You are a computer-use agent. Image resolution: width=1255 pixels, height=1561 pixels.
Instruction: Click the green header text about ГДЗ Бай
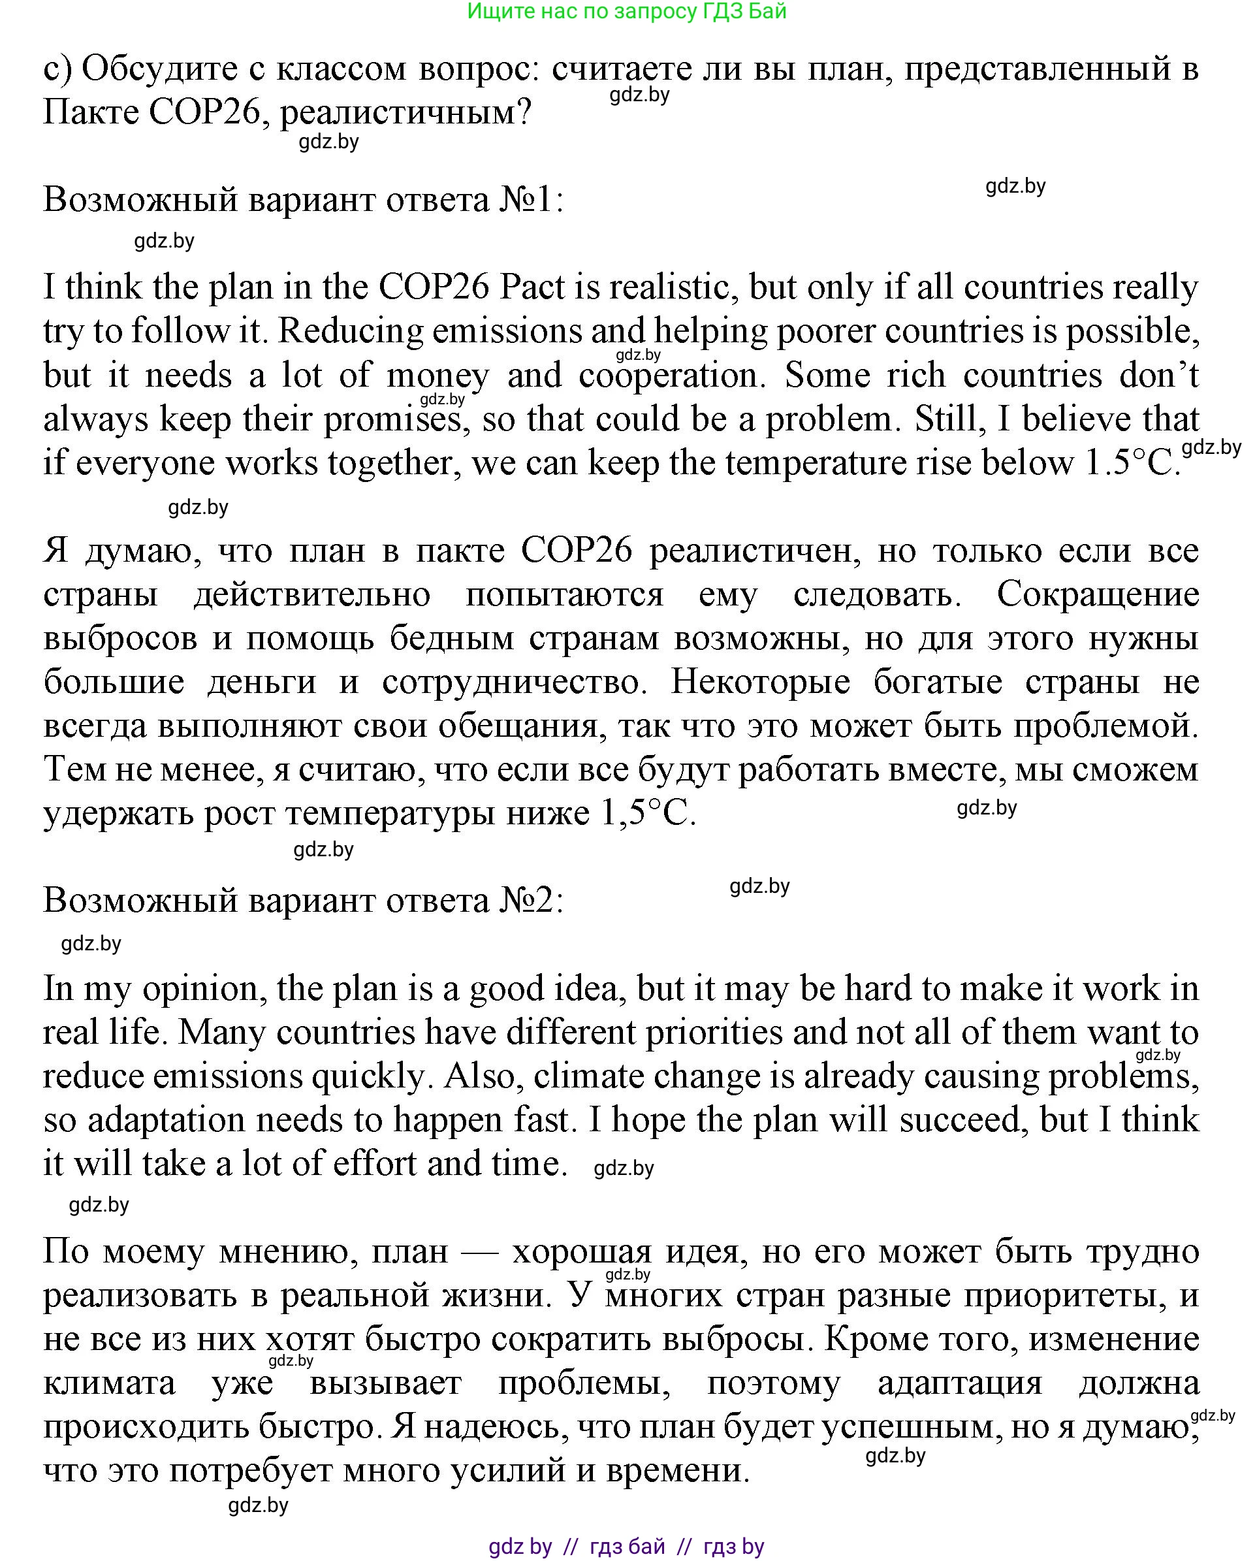pyautogui.click(x=627, y=12)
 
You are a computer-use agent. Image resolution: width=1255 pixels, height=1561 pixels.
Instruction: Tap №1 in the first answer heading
pyautogui.click(x=530, y=200)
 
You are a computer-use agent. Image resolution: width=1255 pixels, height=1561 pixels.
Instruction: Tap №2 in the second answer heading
pyautogui.click(x=530, y=901)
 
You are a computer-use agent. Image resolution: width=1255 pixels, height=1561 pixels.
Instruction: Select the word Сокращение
pyautogui.click(x=1097, y=594)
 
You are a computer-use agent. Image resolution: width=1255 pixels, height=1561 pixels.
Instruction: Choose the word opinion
pyautogui.click(x=200, y=989)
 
